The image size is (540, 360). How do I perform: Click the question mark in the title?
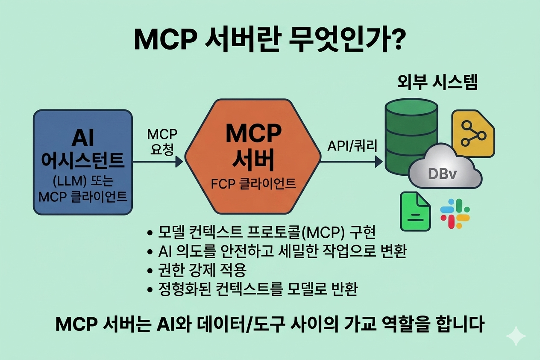click(x=395, y=40)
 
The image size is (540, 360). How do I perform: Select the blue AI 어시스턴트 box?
click(x=83, y=162)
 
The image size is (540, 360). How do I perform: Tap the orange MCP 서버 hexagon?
click(x=252, y=156)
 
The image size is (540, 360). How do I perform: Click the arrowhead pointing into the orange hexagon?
click(x=179, y=162)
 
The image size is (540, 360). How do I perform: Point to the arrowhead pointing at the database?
click(x=379, y=162)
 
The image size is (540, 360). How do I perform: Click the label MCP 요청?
click(x=162, y=142)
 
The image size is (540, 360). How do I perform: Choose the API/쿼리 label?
click(x=352, y=146)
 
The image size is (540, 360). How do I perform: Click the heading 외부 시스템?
click(x=437, y=83)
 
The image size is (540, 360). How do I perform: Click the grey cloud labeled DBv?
click(x=445, y=169)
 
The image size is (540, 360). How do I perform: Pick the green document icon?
click(x=415, y=211)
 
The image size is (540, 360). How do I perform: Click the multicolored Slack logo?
click(x=455, y=213)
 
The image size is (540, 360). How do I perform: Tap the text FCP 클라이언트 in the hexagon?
click(x=253, y=184)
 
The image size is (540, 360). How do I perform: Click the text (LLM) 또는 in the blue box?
click(x=83, y=181)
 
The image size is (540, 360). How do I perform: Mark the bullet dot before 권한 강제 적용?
click(x=150, y=271)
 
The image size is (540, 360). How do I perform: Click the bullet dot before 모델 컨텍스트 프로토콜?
click(x=150, y=233)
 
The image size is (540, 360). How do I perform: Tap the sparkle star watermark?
click(x=516, y=336)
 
